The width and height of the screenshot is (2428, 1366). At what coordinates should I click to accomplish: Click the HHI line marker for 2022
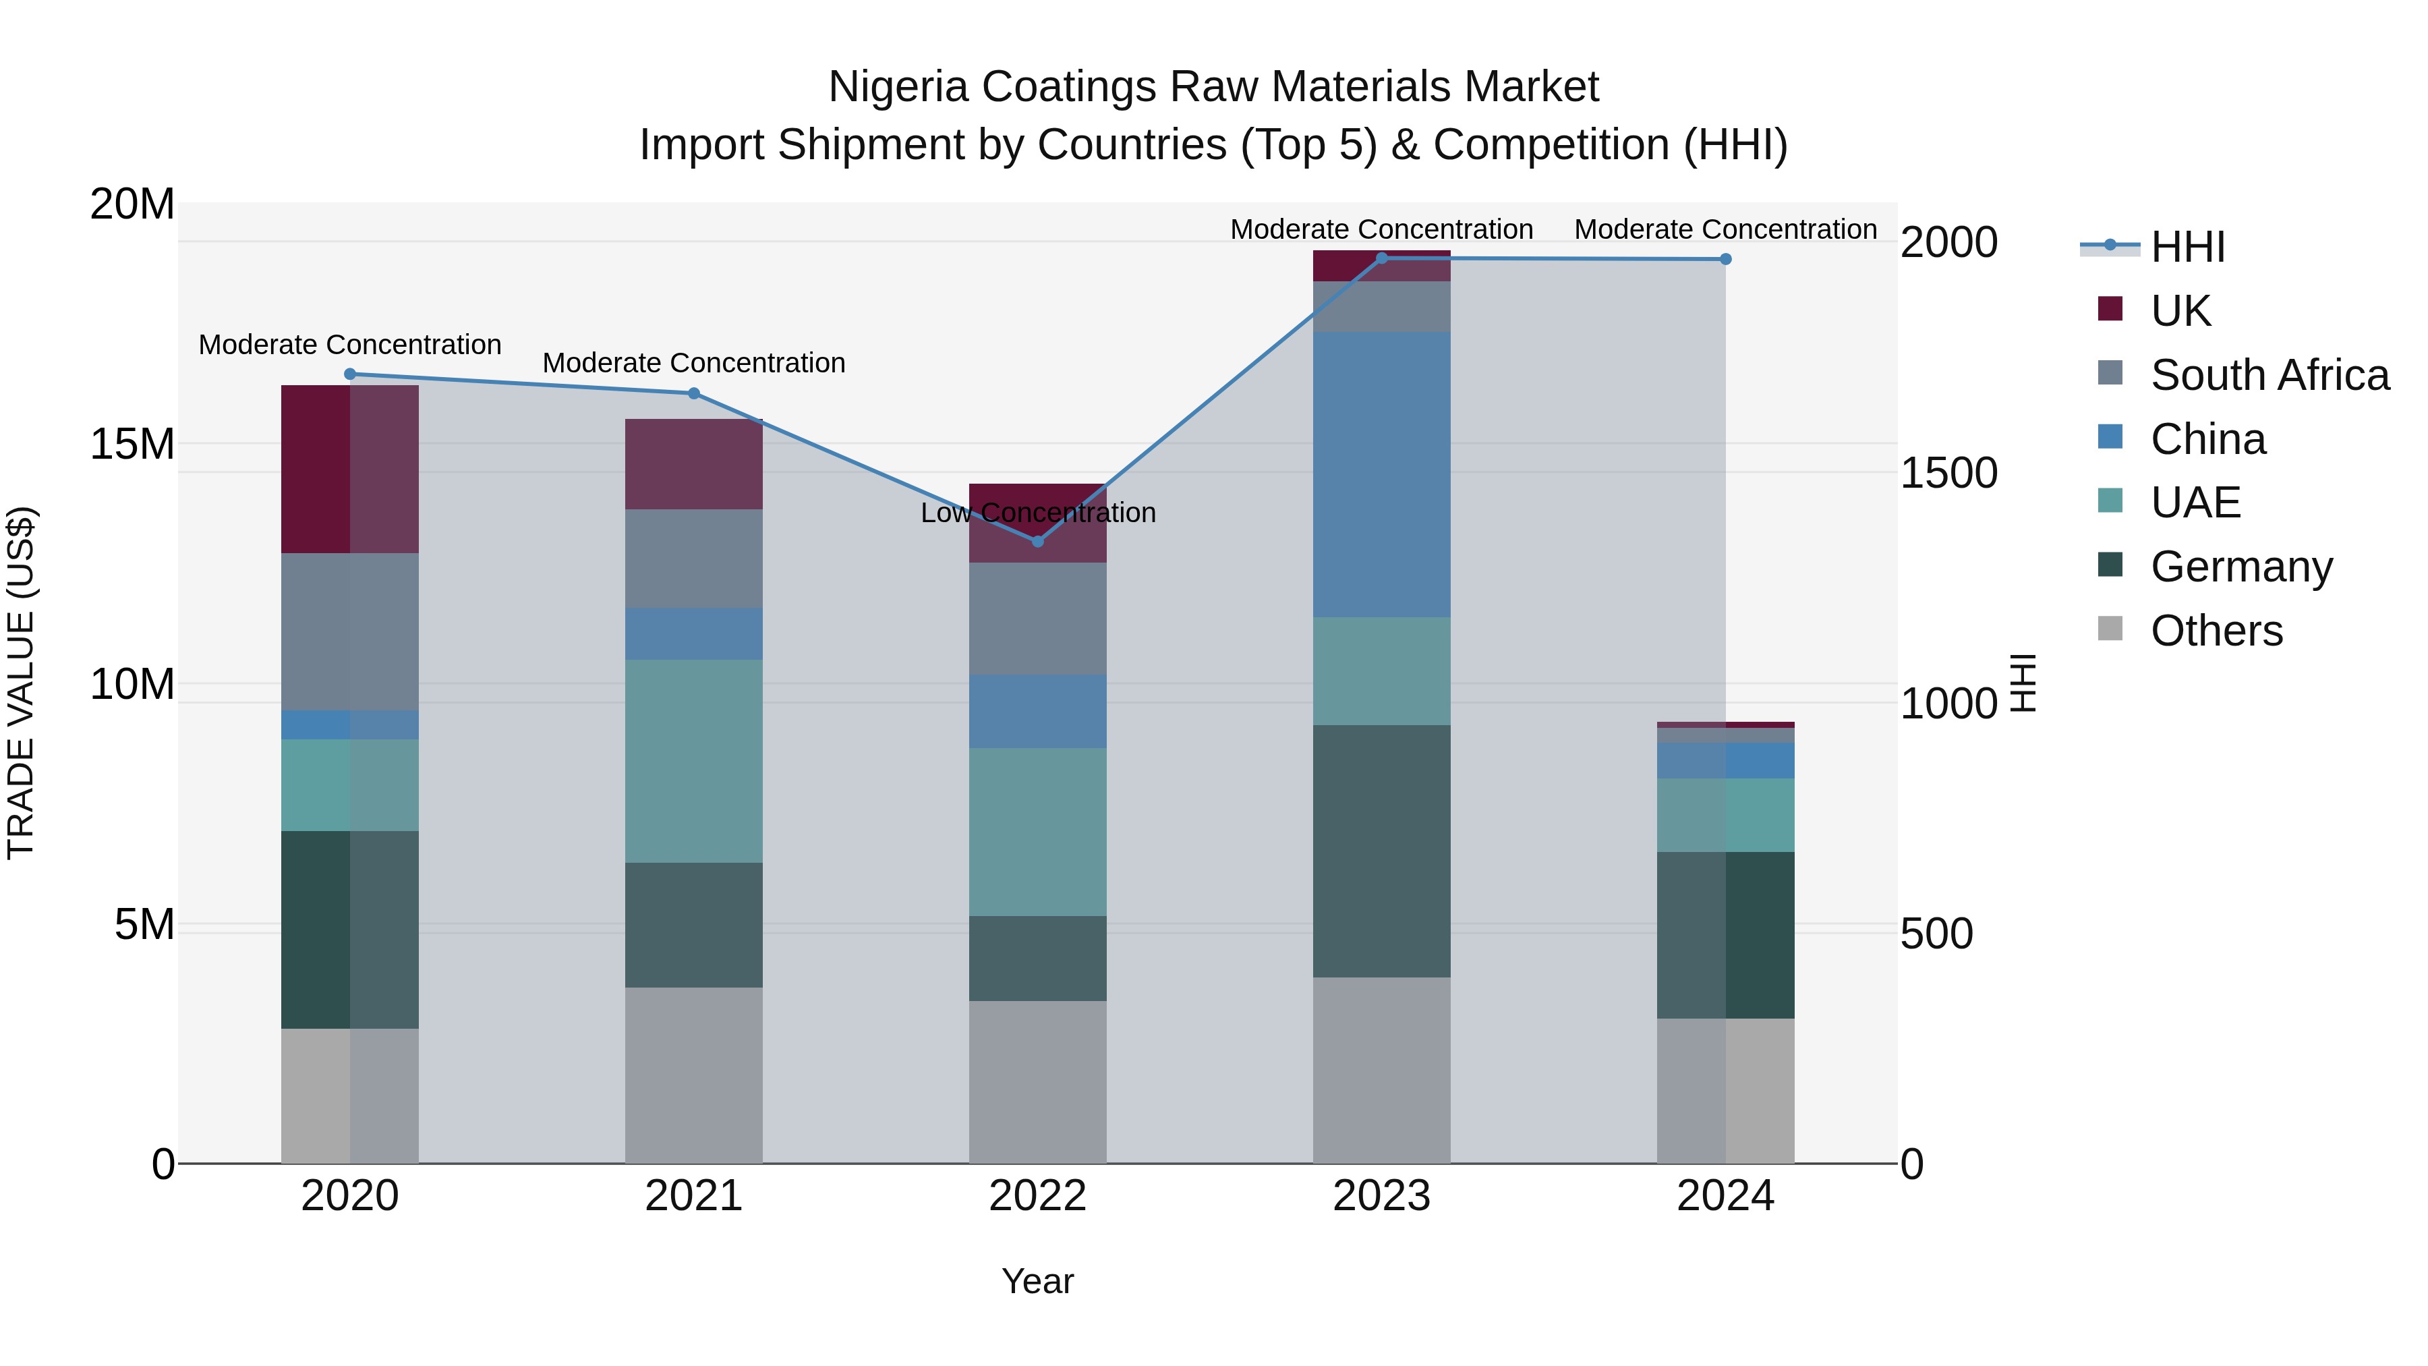pyautogui.click(x=1038, y=541)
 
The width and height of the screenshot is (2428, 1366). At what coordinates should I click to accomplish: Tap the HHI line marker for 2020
pyautogui.click(x=349, y=374)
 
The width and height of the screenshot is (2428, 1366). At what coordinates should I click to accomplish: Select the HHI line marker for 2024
pyautogui.click(x=1726, y=259)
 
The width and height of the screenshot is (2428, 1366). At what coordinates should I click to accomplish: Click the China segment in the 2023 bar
pyautogui.click(x=1382, y=474)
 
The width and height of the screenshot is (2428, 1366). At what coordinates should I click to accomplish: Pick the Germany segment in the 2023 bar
pyautogui.click(x=1382, y=851)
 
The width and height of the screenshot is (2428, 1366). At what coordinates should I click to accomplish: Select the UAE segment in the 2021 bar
pyautogui.click(x=694, y=761)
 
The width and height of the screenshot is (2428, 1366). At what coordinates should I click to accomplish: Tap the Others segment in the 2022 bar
pyautogui.click(x=1038, y=1082)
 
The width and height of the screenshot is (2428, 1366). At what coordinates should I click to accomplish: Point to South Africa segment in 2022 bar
pyautogui.click(x=1038, y=619)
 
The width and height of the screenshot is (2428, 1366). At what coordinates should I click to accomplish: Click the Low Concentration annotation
pyautogui.click(x=1038, y=513)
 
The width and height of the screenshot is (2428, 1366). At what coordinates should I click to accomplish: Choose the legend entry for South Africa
pyautogui.click(x=2270, y=375)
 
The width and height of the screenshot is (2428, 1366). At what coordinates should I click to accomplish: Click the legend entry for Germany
pyautogui.click(x=2241, y=567)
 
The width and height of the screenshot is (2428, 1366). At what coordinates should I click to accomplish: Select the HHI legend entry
pyautogui.click(x=2187, y=247)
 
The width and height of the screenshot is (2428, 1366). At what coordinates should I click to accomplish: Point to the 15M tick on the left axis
pyautogui.click(x=132, y=444)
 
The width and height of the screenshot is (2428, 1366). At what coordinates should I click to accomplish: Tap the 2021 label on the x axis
pyautogui.click(x=694, y=1196)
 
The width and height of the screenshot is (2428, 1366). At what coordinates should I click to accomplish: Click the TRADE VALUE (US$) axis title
pyautogui.click(x=21, y=683)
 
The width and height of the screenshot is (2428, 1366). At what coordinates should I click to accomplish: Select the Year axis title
pyautogui.click(x=1038, y=1281)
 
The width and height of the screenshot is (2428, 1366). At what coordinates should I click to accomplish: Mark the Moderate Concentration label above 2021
pyautogui.click(x=694, y=363)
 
